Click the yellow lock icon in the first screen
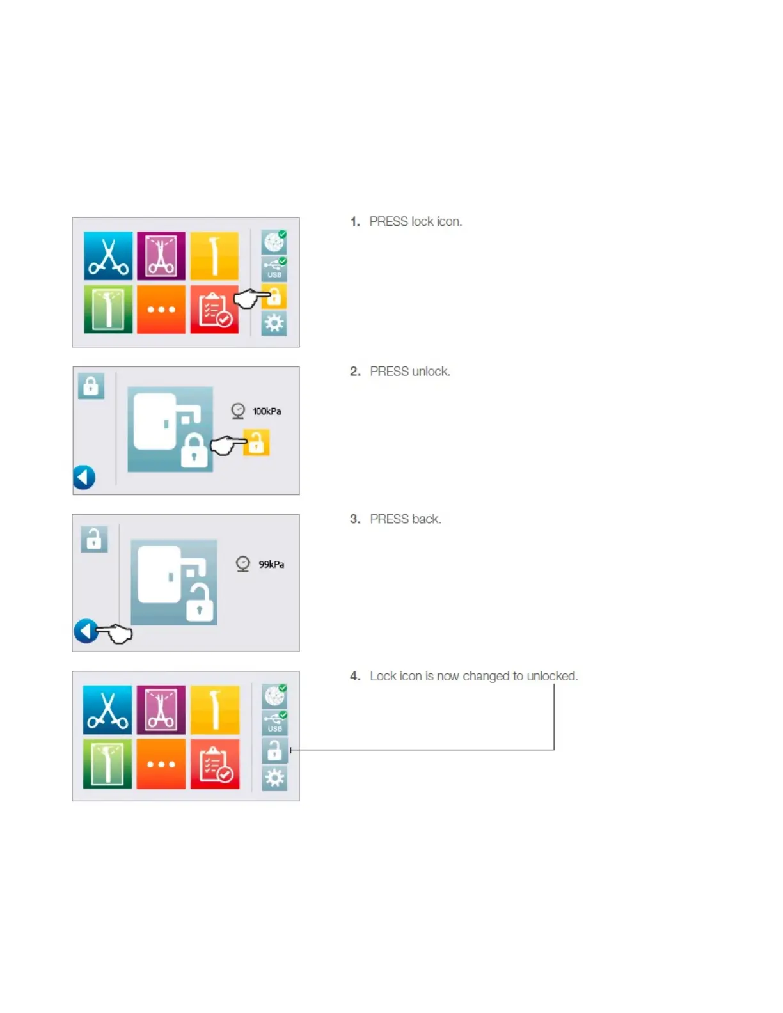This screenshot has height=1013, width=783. click(274, 297)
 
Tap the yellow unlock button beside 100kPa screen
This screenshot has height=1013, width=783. click(257, 443)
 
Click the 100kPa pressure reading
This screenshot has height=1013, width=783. click(266, 411)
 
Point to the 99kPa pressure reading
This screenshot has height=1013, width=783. click(271, 564)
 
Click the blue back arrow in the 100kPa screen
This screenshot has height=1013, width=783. click(84, 477)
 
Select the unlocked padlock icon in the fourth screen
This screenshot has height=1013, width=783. click(274, 750)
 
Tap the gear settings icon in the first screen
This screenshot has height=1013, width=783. click(274, 324)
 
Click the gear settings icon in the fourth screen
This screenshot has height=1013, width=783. click(275, 778)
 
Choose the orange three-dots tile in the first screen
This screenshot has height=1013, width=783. click(161, 310)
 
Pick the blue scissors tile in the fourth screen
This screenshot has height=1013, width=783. click(107, 710)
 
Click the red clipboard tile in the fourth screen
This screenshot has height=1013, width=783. click(215, 764)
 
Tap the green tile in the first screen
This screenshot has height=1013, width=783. click(108, 310)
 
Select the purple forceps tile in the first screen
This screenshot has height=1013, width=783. click(161, 256)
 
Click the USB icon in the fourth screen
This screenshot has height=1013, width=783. click(275, 722)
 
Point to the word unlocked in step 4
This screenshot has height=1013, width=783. click(551, 676)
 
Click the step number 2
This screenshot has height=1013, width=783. click(355, 372)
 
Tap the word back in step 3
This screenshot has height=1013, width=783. click(426, 519)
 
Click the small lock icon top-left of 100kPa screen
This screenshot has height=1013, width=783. click(91, 386)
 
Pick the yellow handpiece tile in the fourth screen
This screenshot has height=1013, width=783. click(215, 710)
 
